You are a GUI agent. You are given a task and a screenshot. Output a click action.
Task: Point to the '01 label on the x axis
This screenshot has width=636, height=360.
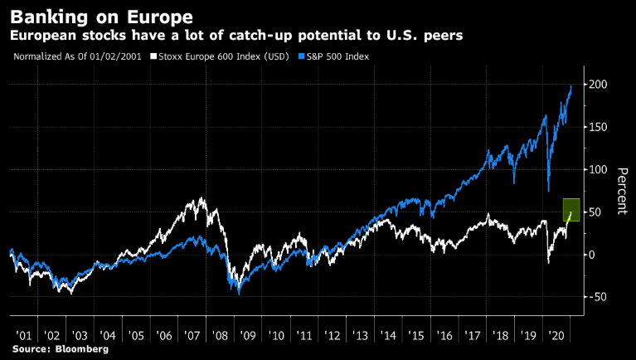tap(23, 335)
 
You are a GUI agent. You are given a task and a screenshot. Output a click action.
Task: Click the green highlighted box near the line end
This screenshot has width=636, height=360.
tap(570, 210)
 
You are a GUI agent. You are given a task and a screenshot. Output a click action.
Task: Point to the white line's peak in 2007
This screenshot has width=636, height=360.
tap(202, 198)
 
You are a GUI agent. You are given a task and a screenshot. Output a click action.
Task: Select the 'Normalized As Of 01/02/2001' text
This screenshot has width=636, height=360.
tap(74, 56)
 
